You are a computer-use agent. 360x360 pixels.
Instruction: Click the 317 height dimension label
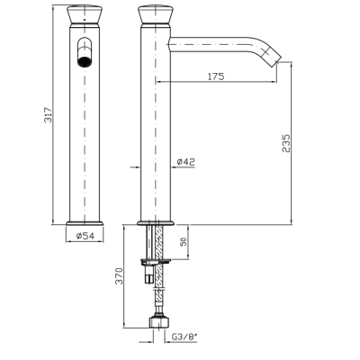(49, 115)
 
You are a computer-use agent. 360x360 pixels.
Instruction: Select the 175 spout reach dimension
(216, 76)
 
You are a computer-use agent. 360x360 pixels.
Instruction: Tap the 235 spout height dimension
(286, 143)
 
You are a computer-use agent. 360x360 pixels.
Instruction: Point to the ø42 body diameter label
(185, 162)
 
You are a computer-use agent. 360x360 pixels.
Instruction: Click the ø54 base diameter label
(85, 236)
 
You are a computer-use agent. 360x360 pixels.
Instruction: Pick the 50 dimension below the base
(183, 241)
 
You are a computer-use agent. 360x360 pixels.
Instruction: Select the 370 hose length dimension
(120, 276)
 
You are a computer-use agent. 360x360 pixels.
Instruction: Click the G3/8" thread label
(184, 337)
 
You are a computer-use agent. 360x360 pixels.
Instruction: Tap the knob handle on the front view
(85, 14)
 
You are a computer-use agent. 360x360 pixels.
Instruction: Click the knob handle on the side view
(156, 14)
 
